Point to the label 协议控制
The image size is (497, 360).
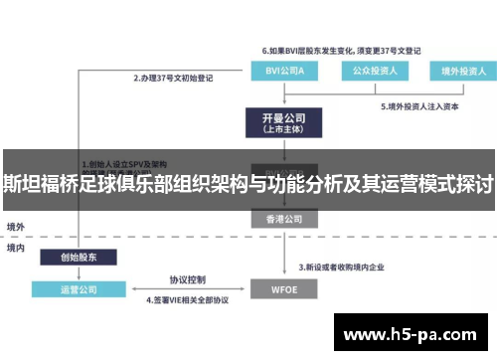pos(187,279)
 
